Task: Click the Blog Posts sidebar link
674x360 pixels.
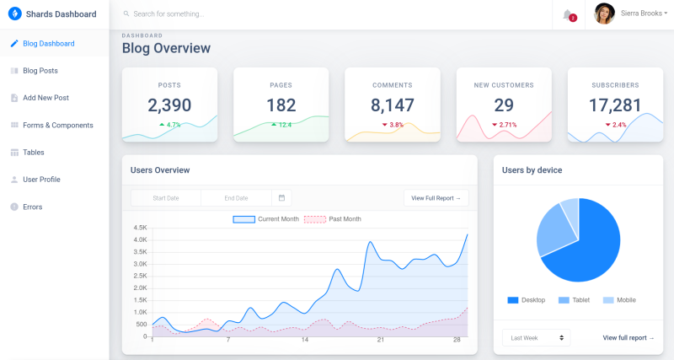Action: (40, 71)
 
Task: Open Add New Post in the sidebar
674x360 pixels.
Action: (45, 98)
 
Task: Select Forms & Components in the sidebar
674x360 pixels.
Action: (57, 125)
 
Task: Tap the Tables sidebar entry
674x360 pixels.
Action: (34, 153)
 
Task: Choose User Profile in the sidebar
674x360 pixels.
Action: (41, 180)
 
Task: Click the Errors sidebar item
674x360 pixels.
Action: (32, 207)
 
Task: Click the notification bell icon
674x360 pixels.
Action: (568, 14)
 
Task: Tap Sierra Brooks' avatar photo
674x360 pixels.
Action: (604, 13)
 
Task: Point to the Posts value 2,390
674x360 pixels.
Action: (169, 105)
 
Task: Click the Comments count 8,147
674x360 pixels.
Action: (393, 105)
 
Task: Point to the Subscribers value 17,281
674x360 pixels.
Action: (615, 105)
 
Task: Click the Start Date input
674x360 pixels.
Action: (166, 198)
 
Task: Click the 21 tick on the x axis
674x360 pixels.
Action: (381, 340)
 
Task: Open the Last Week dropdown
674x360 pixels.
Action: (536, 337)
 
